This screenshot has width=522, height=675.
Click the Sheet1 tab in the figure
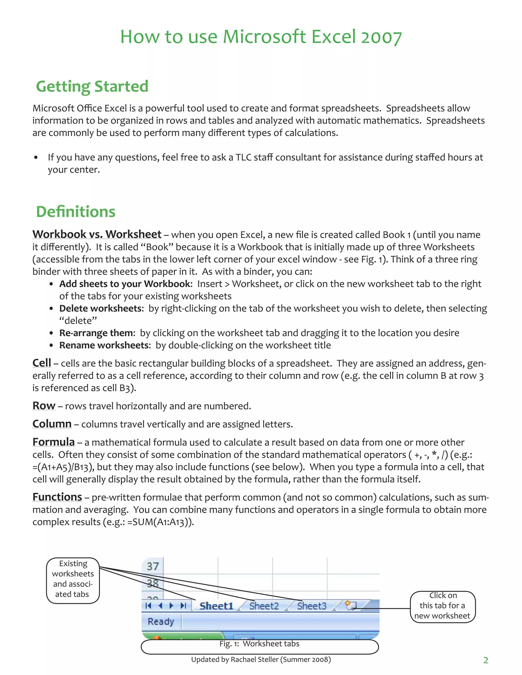coord(216,606)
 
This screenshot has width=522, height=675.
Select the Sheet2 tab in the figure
coord(264,606)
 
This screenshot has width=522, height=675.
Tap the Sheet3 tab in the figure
coord(311,606)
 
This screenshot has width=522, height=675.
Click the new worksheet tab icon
coord(351,605)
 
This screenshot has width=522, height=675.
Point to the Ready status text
coord(161,621)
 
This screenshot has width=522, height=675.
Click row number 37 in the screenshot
coord(153,566)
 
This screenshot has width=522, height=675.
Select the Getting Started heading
coord(92,86)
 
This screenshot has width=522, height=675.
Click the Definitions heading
coord(76,212)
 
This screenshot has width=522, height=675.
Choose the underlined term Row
coord(44,406)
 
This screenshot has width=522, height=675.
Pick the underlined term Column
coord(52,424)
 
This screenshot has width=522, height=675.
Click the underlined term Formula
coord(54,442)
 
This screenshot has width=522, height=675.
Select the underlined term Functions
coord(57,497)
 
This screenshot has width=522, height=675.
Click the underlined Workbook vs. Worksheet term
coord(97,234)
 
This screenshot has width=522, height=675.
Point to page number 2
coord(486,660)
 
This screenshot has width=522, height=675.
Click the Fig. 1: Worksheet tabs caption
coord(259,644)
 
